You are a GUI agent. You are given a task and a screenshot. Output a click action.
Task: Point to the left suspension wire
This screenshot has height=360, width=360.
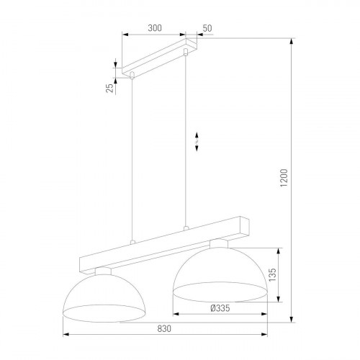pyautogui.click(x=132, y=158)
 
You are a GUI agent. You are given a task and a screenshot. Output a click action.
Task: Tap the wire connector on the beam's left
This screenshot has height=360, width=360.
pyautogui.click(x=132, y=242)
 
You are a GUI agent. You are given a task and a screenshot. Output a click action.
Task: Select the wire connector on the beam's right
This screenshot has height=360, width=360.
pyautogui.click(x=186, y=228)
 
